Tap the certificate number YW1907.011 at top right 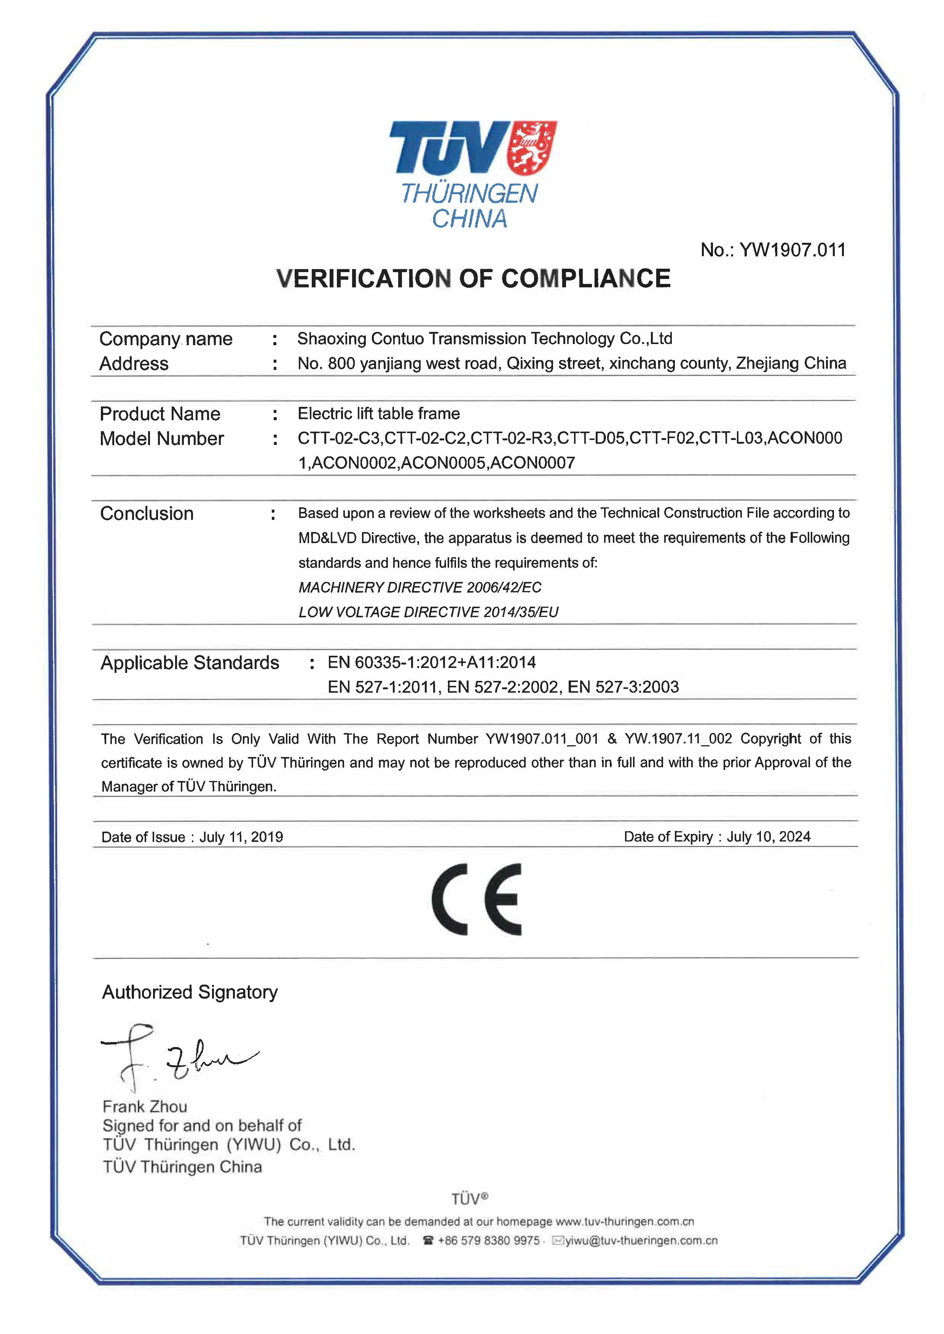pyautogui.click(x=792, y=250)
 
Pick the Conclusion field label pyautogui.click(x=147, y=513)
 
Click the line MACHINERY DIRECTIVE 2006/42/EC pyautogui.click(x=420, y=588)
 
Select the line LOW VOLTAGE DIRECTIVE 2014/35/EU pyautogui.click(x=428, y=612)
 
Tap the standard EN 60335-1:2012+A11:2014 pyautogui.click(x=431, y=663)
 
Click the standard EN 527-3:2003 pyautogui.click(x=623, y=687)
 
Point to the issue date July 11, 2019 pyautogui.click(x=241, y=837)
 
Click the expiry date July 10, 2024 pyautogui.click(x=769, y=837)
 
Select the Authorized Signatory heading pyautogui.click(x=190, y=991)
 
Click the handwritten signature pyautogui.click(x=174, y=1058)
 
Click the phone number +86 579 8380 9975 pyautogui.click(x=488, y=1240)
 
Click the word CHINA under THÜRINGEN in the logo pyautogui.click(x=469, y=219)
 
